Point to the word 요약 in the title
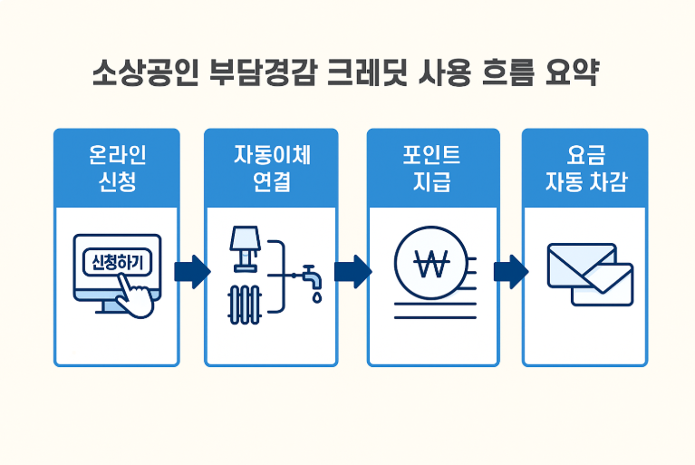574,73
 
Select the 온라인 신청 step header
117,168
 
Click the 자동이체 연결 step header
271,168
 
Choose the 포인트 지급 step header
432,168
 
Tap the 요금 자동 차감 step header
584,168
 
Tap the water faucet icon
309,273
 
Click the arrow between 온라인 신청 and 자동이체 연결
192,271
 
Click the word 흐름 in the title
507,73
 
